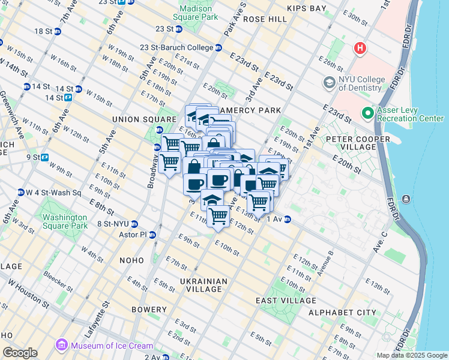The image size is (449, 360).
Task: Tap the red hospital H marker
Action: point(360,47)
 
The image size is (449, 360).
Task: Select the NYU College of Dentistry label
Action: point(360,83)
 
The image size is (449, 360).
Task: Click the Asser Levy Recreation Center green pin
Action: point(368,113)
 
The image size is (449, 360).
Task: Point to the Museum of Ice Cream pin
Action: point(62,346)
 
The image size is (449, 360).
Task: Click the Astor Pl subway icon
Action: point(152,235)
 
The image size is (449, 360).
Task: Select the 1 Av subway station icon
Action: point(288,220)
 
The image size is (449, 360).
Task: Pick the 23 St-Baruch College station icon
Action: point(218,47)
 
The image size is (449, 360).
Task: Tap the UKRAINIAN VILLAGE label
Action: point(203,285)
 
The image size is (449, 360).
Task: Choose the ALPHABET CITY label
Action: point(342,313)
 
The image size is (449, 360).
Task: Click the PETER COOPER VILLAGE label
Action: point(357,143)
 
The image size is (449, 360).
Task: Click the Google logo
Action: point(20,353)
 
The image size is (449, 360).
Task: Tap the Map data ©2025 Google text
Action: point(411,355)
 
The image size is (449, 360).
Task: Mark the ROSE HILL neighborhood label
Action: point(265,20)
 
